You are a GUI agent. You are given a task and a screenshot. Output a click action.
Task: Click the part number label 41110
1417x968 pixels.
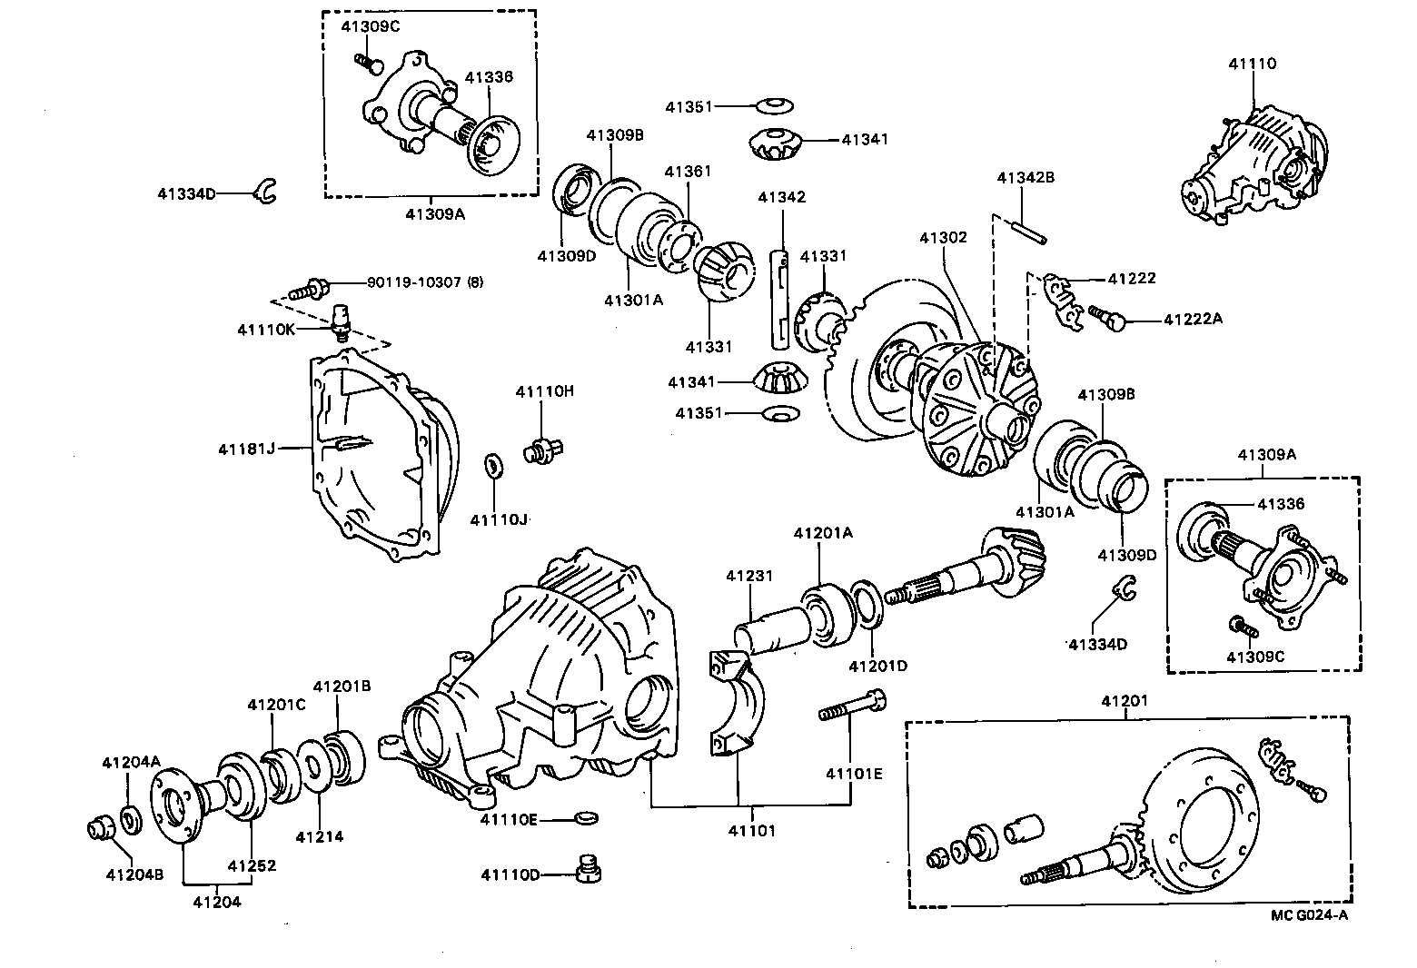click(1252, 64)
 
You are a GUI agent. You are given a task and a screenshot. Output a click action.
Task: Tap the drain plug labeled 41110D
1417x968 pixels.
click(590, 870)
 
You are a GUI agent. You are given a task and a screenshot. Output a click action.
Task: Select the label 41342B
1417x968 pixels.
click(1026, 178)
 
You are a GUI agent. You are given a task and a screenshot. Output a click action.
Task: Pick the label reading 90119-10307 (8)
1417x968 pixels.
click(424, 282)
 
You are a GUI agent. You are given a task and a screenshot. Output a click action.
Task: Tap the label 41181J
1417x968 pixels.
click(245, 449)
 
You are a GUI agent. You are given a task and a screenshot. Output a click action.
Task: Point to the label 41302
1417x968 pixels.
click(943, 238)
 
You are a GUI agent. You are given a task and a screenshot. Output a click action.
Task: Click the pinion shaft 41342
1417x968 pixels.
click(779, 300)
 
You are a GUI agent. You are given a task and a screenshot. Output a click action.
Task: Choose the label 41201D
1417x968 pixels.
click(877, 666)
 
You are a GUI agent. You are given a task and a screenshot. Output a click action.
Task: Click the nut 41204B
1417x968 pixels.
click(98, 829)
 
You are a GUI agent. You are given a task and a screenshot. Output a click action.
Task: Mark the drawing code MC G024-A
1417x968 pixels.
click(1309, 914)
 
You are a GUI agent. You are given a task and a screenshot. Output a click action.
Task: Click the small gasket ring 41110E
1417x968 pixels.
click(588, 819)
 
